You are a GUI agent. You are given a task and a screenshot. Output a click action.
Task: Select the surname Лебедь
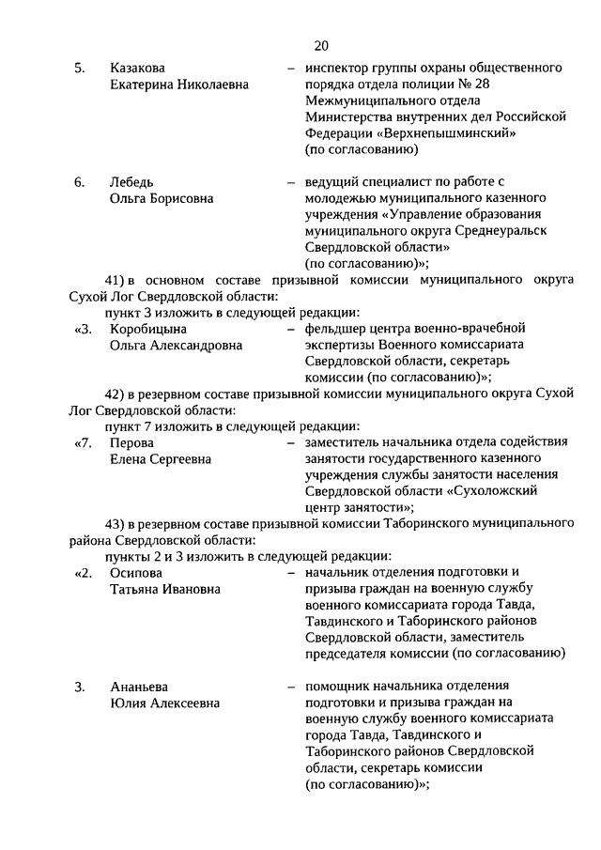(131, 181)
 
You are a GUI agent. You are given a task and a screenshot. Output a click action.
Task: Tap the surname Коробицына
(148, 329)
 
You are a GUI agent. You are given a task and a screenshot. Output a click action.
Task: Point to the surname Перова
(131, 442)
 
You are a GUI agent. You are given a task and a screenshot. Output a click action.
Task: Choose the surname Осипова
(135, 573)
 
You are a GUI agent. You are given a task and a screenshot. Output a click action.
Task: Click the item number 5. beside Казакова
(80, 69)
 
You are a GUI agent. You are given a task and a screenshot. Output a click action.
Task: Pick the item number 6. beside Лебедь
(80, 181)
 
